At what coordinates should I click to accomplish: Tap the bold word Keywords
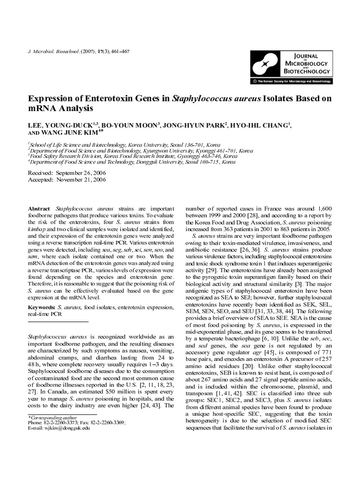coord(42,307)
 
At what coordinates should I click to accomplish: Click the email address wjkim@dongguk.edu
coord(65,428)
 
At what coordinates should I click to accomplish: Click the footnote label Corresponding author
coord(50,417)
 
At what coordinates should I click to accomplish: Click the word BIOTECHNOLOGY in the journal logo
coord(306,71)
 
